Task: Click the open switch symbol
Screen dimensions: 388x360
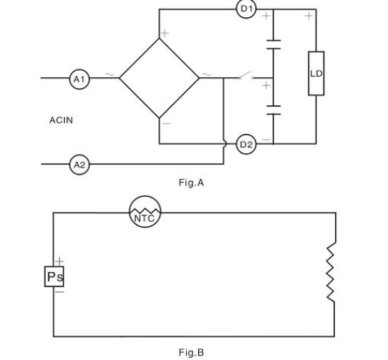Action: coord(246,75)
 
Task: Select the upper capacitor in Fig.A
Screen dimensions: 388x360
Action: coord(273,44)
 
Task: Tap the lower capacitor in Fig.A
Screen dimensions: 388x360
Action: coord(273,110)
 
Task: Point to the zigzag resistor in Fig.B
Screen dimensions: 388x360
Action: coord(331,272)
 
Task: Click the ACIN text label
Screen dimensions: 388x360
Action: coord(61,120)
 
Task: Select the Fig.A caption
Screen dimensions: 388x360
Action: coord(191,183)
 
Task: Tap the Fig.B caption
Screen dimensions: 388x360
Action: coord(191,352)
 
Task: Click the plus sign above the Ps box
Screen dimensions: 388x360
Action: coord(59,261)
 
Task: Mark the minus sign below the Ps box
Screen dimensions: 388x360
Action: coord(59,292)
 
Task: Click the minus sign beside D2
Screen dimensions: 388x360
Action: coord(266,140)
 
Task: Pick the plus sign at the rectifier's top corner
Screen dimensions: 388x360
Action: coord(165,33)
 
